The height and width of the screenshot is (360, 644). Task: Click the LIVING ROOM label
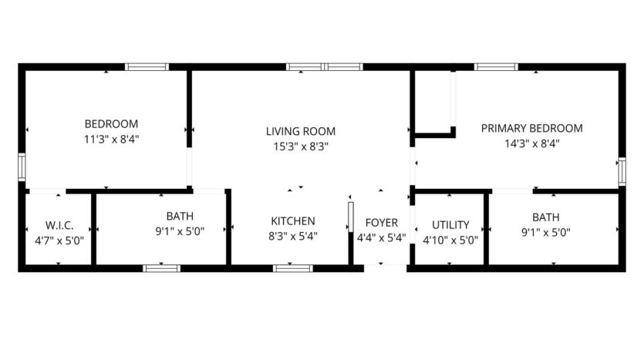click(x=301, y=131)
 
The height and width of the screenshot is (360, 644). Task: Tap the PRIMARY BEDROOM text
click(x=531, y=128)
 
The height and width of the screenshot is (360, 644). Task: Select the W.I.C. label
click(x=59, y=225)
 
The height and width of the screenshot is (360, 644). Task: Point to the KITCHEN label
click(x=292, y=221)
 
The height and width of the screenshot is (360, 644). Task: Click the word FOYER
click(x=381, y=224)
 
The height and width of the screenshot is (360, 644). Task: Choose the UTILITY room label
click(x=450, y=225)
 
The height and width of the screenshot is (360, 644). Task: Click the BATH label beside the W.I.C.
click(x=180, y=216)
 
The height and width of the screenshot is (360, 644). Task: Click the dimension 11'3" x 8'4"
click(x=111, y=139)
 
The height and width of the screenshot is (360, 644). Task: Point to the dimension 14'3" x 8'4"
click(x=531, y=143)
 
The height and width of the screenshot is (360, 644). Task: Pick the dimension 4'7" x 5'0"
click(x=59, y=240)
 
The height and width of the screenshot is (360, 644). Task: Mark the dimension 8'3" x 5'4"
click(x=292, y=237)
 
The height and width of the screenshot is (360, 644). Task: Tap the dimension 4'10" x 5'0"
click(x=450, y=240)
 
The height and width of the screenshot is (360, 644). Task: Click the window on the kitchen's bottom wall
click(x=293, y=268)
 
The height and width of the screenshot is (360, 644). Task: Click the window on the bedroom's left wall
click(x=22, y=167)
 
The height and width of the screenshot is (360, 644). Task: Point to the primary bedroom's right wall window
click(x=622, y=171)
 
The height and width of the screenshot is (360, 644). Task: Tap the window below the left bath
click(x=162, y=268)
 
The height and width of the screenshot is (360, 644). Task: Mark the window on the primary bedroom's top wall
click(x=496, y=67)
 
